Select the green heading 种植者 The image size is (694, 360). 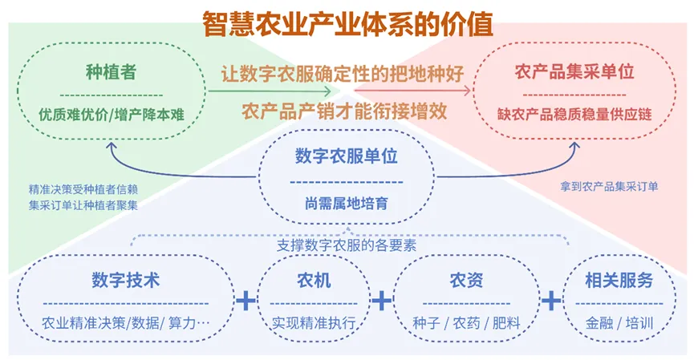(x=111, y=73)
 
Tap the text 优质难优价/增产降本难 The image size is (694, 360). (x=111, y=115)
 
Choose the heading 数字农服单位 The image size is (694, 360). (x=347, y=156)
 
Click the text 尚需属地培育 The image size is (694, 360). (x=347, y=203)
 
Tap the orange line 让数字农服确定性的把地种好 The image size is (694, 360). (x=343, y=75)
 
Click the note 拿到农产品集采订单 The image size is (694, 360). (x=609, y=186)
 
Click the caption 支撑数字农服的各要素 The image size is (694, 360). (x=347, y=245)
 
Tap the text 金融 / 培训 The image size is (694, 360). (x=618, y=325)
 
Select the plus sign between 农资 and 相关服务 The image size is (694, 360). (x=551, y=300)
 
